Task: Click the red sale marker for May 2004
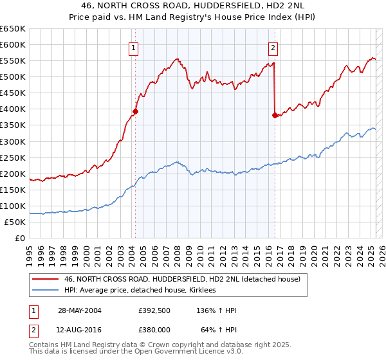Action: [136, 111]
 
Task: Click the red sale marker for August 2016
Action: [275, 115]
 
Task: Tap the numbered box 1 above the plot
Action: [133, 47]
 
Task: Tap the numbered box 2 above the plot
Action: [273, 47]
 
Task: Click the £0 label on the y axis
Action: [20, 238]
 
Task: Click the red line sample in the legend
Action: [45, 279]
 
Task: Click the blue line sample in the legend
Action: [45, 291]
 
